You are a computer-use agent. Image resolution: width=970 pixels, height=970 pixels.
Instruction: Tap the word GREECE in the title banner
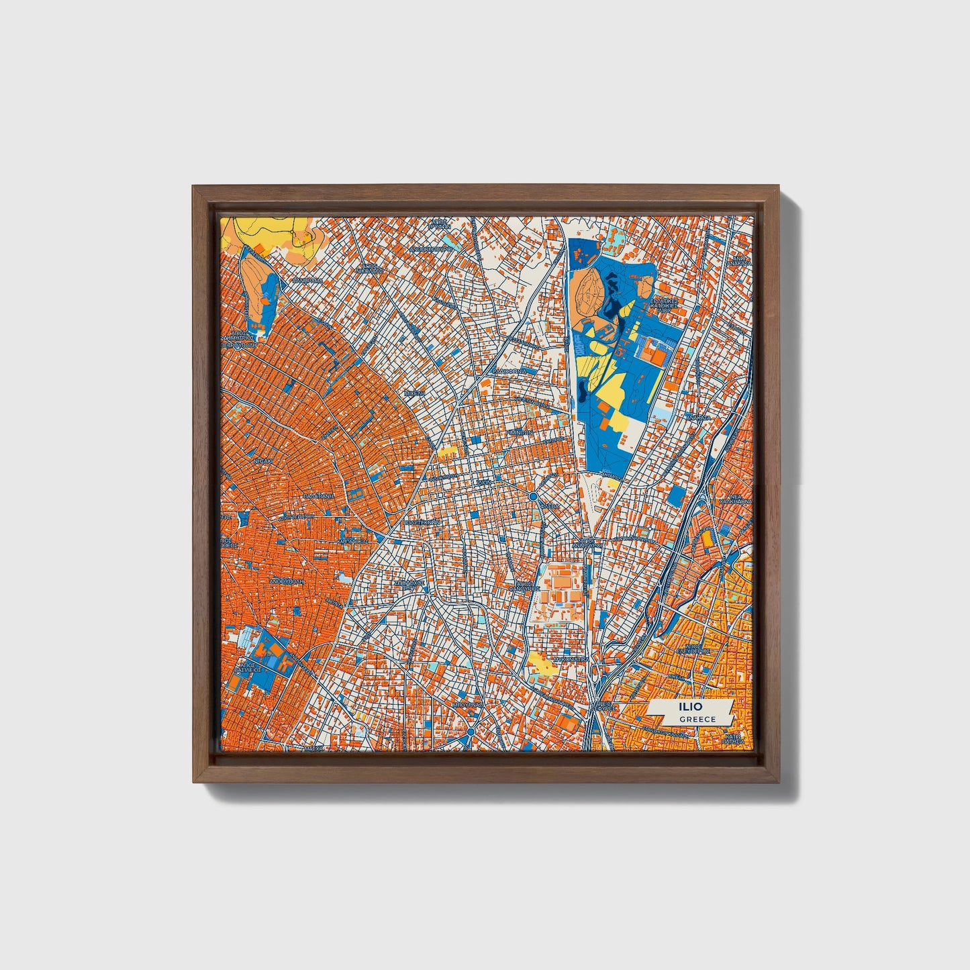[697, 719]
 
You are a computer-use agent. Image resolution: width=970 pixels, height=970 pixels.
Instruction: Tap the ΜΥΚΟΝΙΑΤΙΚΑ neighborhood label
[569, 660]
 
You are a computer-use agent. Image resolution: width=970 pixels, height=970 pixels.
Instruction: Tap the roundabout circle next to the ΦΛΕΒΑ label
[532, 497]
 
